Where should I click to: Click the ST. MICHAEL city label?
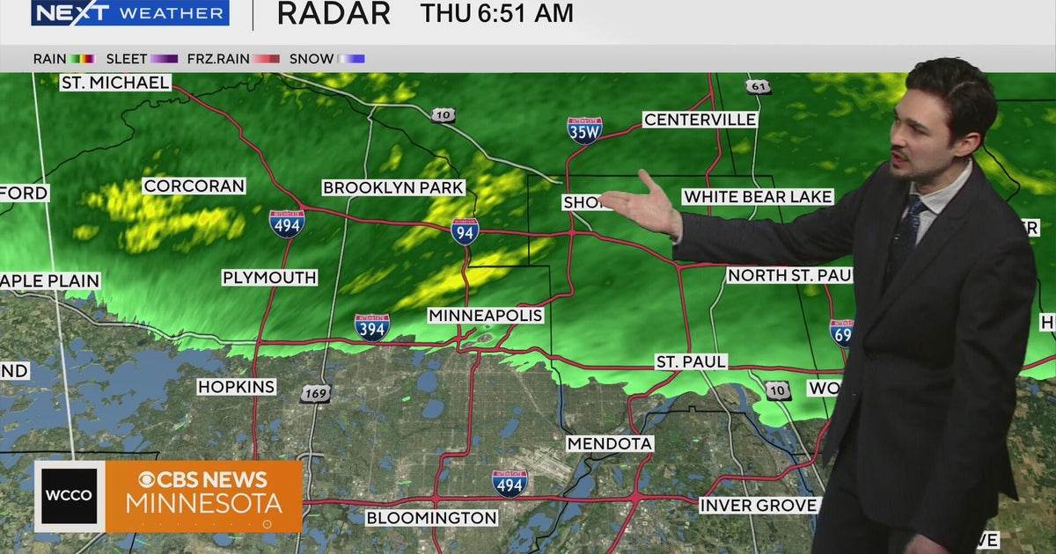tap(115, 83)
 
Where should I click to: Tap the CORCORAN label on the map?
tap(194, 186)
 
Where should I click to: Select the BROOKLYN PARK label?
tap(393, 187)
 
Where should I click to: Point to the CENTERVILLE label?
tap(700, 120)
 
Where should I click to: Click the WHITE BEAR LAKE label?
tap(758, 197)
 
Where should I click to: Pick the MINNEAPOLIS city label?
tap(486, 315)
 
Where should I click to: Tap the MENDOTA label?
tap(610, 444)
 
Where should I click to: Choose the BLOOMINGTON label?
tap(431, 518)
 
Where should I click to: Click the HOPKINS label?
tap(237, 387)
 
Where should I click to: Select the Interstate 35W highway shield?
tap(584, 130)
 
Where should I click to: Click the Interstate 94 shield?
tap(465, 231)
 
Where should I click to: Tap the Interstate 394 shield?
tap(372, 327)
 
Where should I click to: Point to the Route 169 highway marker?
tap(315, 393)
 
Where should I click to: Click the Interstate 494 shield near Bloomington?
tap(510, 483)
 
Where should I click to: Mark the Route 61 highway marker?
tap(759, 86)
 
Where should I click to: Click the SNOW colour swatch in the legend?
tap(351, 59)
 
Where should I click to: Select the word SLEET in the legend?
tap(127, 59)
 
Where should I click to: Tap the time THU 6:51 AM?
tap(496, 13)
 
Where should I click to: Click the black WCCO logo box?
tap(70, 496)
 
